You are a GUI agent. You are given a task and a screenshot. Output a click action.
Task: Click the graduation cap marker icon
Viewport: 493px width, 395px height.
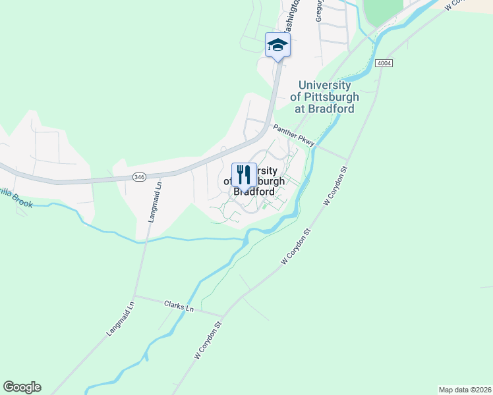tap(277, 45)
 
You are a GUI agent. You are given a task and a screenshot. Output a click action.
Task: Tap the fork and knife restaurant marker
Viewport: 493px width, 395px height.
tap(244, 176)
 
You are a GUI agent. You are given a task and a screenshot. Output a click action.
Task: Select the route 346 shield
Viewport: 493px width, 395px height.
tap(138, 176)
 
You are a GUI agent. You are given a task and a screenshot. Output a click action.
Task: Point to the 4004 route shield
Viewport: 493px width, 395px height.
tap(384, 63)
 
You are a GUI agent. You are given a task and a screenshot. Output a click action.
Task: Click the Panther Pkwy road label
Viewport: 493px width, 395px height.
tap(294, 133)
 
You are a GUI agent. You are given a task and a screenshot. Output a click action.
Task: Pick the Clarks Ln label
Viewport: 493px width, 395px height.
tap(180, 307)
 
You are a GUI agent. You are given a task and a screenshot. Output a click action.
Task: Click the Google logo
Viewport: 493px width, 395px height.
tap(22, 387)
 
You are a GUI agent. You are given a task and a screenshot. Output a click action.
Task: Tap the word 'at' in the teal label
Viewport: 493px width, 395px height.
tap(298, 109)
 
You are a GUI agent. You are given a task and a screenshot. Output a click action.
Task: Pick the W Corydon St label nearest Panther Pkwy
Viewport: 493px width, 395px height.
tap(335, 186)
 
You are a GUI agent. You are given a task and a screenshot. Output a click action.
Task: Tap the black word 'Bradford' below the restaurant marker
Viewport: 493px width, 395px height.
tap(254, 192)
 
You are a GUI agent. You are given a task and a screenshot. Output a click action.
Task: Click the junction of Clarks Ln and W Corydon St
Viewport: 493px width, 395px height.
tap(223, 315)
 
